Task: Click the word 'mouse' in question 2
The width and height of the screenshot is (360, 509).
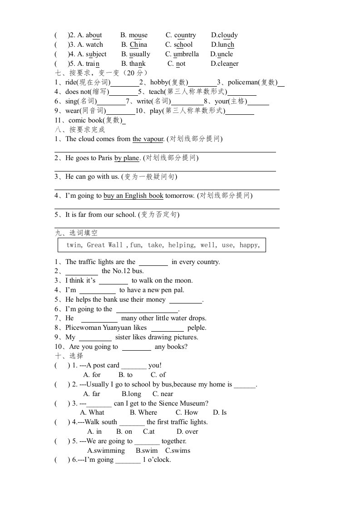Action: tap(138, 35)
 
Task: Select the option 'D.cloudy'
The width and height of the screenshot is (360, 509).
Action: tap(224, 35)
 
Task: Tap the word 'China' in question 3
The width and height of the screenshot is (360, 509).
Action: tap(138, 44)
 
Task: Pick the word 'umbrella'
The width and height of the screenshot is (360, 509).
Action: tap(186, 54)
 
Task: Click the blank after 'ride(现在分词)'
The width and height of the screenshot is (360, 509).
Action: tap(124, 83)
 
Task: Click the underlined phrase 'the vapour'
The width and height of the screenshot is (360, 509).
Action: tap(148, 139)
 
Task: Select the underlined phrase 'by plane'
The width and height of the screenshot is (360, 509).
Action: tap(127, 158)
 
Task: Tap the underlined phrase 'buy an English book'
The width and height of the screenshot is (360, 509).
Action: tap(133, 196)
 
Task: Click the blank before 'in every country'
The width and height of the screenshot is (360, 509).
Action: tap(153, 262)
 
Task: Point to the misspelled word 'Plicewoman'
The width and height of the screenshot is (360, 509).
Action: tap(83, 328)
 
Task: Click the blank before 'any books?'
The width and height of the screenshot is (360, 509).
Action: tap(137, 347)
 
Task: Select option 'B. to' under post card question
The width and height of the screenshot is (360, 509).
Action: tap(125, 375)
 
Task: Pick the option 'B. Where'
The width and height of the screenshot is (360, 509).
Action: tap(143, 412)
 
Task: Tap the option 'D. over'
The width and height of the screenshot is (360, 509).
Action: tap(187, 431)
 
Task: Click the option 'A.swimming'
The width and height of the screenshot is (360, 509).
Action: tap(106, 450)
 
